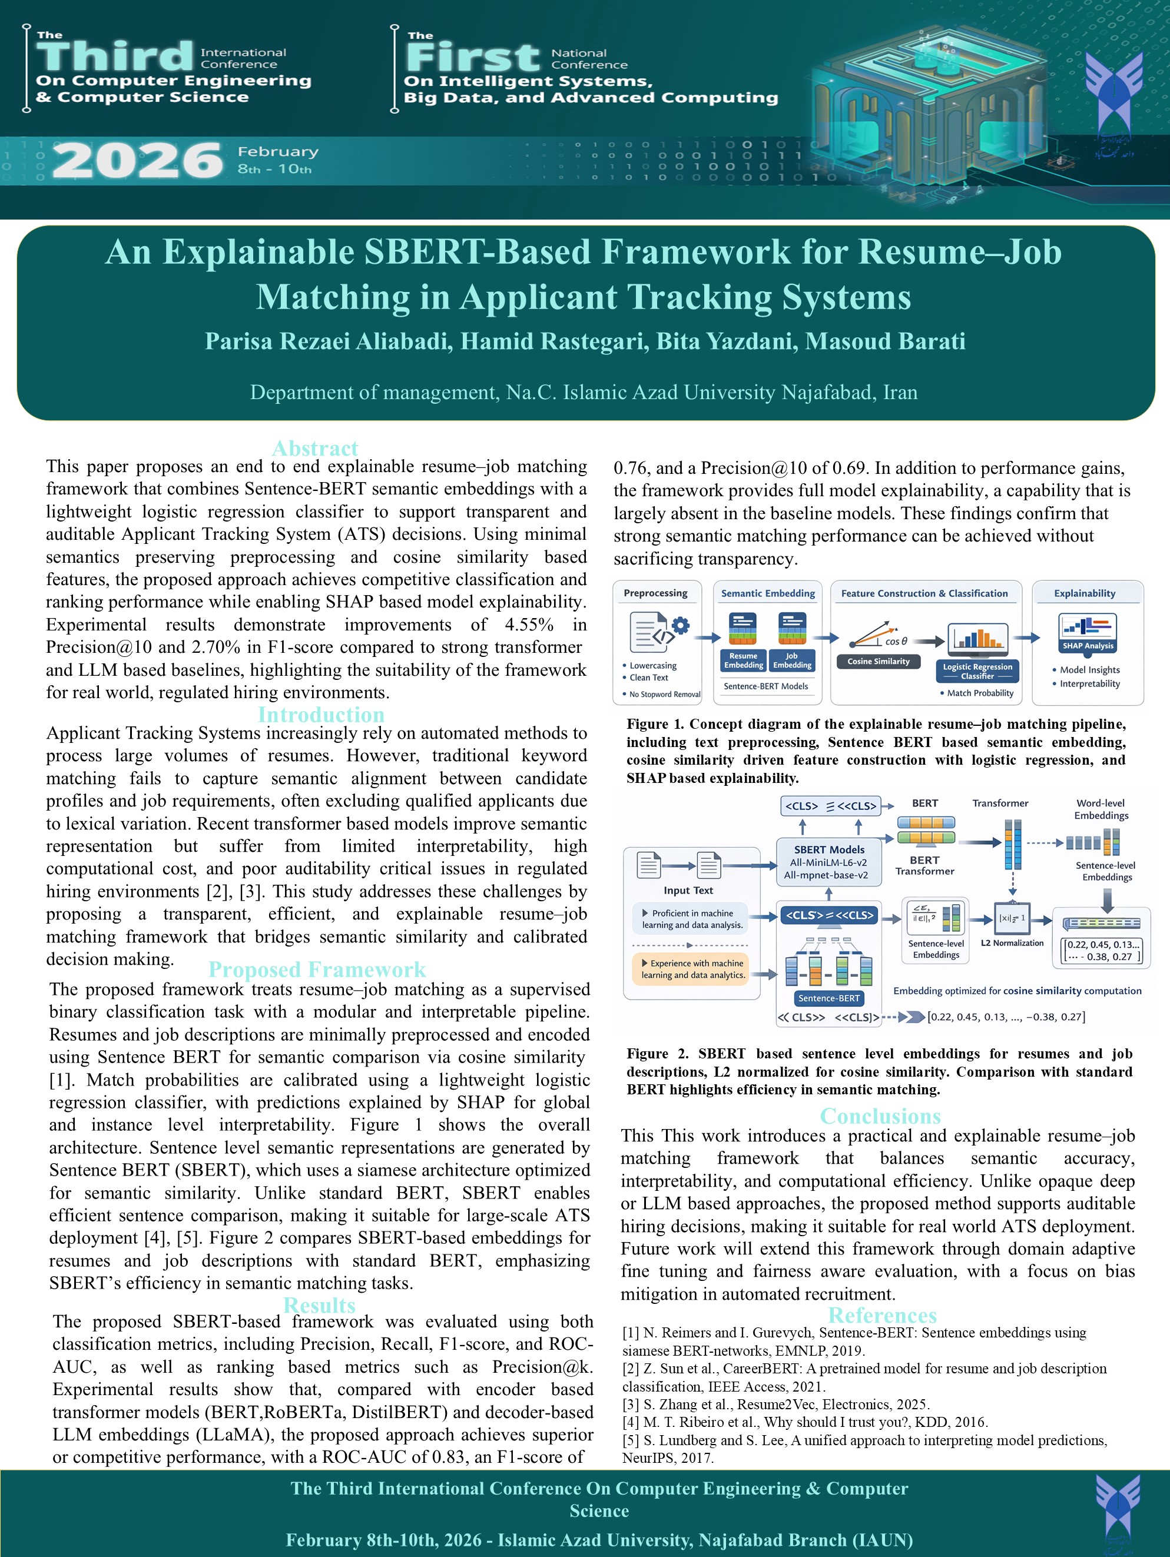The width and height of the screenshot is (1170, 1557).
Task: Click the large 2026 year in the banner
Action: pyautogui.click(x=137, y=161)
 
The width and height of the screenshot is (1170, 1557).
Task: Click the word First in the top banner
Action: pyautogui.click(x=473, y=57)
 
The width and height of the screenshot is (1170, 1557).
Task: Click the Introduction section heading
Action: pyautogui.click(x=321, y=715)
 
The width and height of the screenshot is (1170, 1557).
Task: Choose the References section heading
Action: pyautogui.click(x=882, y=1316)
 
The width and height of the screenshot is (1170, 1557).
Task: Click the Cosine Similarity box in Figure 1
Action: pyautogui.click(x=879, y=661)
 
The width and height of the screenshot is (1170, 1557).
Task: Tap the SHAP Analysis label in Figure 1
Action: pyautogui.click(x=1088, y=646)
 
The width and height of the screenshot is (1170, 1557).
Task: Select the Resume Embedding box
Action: pyautogui.click(x=743, y=660)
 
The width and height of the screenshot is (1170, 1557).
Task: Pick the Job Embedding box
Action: pyautogui.click(x=792, y=660)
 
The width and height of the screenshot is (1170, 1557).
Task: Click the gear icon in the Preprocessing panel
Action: pyautogui.click(x=680, y=625)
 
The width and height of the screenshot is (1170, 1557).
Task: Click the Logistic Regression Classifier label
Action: pyautogui.click(x=978, y=671)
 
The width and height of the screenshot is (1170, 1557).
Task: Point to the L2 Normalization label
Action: pyautogui.click(x=1012, y=942)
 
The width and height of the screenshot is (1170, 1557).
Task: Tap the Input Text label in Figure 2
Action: pyautogui.click(x=688, y=891)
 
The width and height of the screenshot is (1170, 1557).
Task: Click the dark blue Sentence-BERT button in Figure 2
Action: pyautogui.click(x=828, y=998)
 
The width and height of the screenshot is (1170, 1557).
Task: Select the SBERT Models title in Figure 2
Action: pyautogui.click(x=829, y=849)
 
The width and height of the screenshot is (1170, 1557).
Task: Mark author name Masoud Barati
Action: pyautogui.click(x=885, y=341)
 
